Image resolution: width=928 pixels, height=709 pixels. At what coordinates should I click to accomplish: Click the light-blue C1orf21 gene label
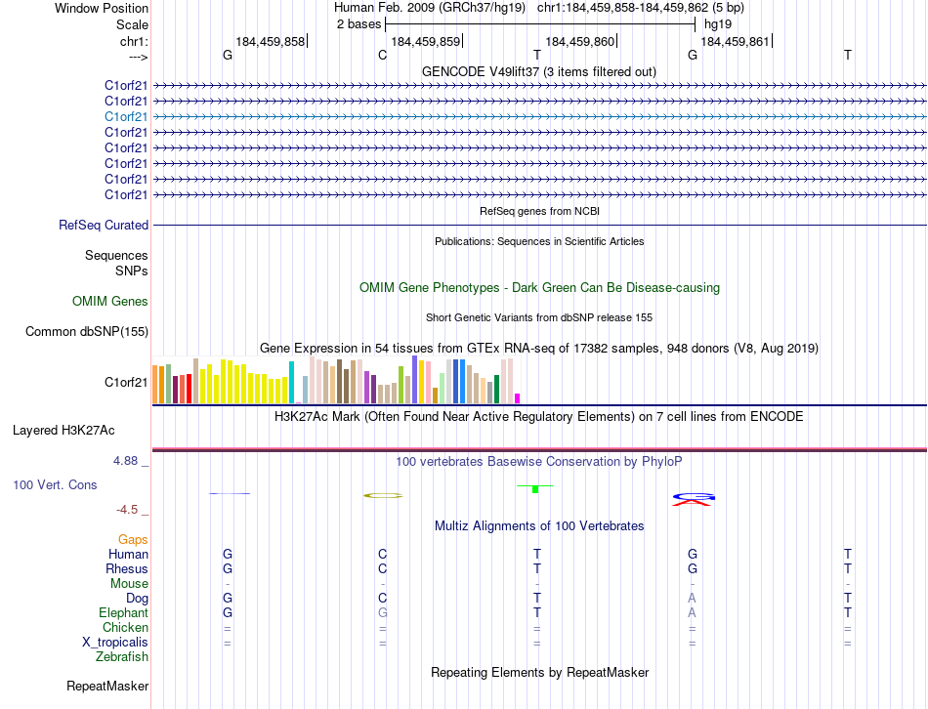click(127, 116)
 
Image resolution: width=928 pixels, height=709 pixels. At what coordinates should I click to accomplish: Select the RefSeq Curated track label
click(104, 225)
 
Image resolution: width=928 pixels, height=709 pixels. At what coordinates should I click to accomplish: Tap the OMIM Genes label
click(110, 302)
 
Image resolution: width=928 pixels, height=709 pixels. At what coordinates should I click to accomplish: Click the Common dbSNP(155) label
click(87, 332)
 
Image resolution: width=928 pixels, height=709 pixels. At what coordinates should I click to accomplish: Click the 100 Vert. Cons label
click(56, 484)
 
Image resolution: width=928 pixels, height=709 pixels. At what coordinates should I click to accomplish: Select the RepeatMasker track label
click(107, 687)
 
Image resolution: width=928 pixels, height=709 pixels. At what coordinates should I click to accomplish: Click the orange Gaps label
click(133, 539)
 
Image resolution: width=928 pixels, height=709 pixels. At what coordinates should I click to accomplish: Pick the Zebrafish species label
click(122, 657)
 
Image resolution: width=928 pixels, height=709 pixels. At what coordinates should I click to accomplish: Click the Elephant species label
click(123, 613)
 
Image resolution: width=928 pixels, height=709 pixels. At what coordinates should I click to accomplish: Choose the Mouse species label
click(130, 584)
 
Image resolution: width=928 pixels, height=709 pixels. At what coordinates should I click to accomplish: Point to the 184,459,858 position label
click(271, 41)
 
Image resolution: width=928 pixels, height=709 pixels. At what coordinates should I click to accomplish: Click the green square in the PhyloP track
click(535, 488)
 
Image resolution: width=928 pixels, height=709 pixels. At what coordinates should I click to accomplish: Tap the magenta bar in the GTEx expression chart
click(518, 397)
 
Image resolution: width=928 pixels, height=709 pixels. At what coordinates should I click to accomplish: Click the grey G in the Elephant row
click(383, 613)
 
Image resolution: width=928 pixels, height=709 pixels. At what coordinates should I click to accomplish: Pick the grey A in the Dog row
click(692, 599)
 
